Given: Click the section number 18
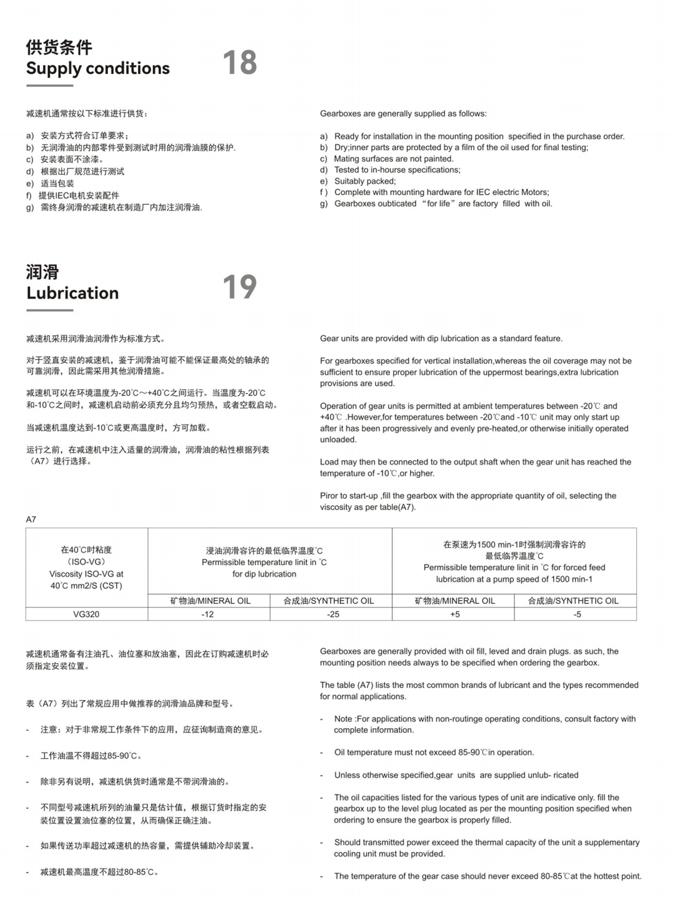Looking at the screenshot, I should (x=240, y=63).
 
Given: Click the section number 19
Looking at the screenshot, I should (x=240, y=286).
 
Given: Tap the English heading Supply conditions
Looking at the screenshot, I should (x=98, y=68).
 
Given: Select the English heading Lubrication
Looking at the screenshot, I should (x=72, y=293).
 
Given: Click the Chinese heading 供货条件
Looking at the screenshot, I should (x=59, y=47).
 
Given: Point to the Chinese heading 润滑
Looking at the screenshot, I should (x=42, y=271).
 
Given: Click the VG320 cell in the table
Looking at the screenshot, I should (x=86, y=614).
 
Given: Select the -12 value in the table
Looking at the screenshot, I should (x=207, y=614).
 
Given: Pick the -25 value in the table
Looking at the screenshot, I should (x=333, y=614).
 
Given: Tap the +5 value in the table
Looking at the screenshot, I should (x=455, y=614).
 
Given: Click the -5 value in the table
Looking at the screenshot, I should (x=577, y=614).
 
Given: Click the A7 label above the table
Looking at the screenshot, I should (x=31, y=519).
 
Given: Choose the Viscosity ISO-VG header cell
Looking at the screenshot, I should (x=86, y=568).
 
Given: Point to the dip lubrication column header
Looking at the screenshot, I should (x=264, y=562).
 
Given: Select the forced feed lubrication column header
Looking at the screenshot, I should (x=514, y=562).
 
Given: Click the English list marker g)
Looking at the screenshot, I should (x=324, y=204).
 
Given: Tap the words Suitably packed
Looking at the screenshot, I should (x=365, y=181).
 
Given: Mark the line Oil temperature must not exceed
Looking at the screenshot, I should (x=434, y=753).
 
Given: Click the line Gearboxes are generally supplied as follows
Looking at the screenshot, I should (x=403, y=114).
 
